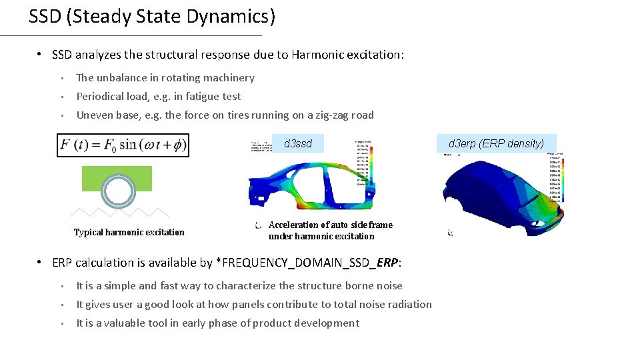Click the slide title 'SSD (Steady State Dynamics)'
pos(151,17)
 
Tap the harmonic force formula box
pos(123,145)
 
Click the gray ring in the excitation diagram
pos(119,192)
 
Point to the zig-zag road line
pos(120,213)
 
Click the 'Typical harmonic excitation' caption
pos(129,232)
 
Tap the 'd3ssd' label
pos(298,143)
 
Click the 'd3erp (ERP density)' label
pos(496,143)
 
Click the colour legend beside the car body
pos(555,177)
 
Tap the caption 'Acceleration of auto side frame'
pos(331,225)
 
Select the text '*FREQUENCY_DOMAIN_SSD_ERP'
pos(307,263)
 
